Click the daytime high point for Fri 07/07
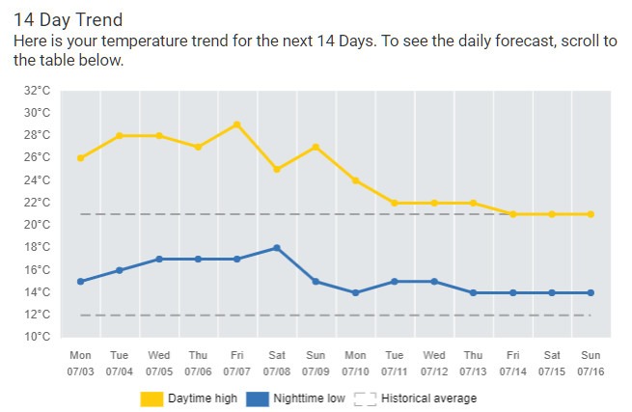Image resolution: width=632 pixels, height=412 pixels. click(236, 124)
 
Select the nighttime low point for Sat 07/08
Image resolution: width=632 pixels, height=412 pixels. click(276, 248)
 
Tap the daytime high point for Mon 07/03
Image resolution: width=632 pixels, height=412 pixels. click(80, 158)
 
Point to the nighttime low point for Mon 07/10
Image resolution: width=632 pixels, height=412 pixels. click(355, 292)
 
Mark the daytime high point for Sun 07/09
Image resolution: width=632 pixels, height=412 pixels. click(316, 147)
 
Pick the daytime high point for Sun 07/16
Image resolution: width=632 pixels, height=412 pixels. click(591, 214)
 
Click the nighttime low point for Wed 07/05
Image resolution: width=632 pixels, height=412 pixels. click(158, 259)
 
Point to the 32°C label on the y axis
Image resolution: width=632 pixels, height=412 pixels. click(37, 91)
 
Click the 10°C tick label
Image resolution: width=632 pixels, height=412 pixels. click(37, 337)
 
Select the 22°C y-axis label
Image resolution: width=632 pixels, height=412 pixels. click(37, 203)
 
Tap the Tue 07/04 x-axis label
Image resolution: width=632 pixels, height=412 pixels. click(119, 363)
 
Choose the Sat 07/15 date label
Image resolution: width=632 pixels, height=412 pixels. click(551, 363)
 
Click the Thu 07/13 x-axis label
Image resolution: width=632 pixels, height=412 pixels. click(473, 363)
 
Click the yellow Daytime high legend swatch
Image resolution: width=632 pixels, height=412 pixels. click(151, 398)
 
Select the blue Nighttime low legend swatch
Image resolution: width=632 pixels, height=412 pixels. click(257, 398)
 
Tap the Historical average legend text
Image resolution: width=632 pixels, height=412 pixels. click(428, 398)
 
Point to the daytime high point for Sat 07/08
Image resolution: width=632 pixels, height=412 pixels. click(276, 169)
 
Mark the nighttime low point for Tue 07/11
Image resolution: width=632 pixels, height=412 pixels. click(394, 282)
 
